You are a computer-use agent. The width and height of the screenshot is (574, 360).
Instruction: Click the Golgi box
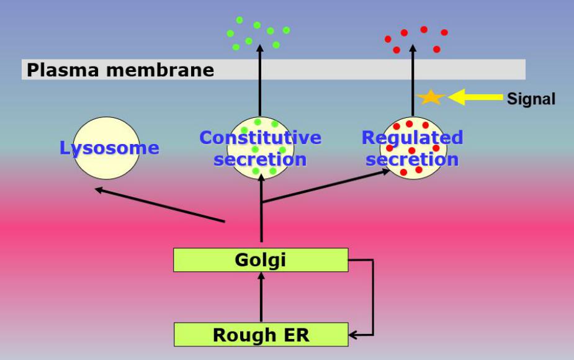point(261,259)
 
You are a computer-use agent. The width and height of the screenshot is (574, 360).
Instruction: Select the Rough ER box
point(261,335)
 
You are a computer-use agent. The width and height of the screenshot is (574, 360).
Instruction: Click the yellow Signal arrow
point(475,97)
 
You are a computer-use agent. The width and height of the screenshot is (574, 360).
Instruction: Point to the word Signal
point(531,99)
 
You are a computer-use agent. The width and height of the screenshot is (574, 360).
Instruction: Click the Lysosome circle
point(106,148)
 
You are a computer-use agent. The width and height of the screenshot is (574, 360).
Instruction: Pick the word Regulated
point(412,137)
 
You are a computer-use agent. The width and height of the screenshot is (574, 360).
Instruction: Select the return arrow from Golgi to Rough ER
point(371,298)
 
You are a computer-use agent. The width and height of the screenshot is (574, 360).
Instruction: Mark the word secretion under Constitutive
point(261,160)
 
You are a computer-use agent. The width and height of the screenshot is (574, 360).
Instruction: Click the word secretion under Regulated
point(412,160)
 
